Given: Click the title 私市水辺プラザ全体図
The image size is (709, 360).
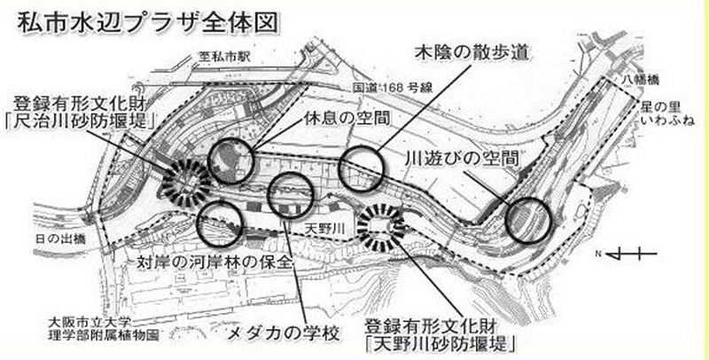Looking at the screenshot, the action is point(148,22).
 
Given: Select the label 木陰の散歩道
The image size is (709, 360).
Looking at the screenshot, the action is point(471,52).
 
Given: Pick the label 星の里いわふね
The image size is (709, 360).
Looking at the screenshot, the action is point(667,114).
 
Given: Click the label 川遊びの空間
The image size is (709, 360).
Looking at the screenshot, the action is point(460,159).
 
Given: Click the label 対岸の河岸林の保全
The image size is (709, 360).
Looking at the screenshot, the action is point(214,262).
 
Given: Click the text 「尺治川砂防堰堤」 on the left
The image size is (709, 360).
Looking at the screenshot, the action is point(80,121).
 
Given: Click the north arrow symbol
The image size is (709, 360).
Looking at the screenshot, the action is point(627,254).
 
